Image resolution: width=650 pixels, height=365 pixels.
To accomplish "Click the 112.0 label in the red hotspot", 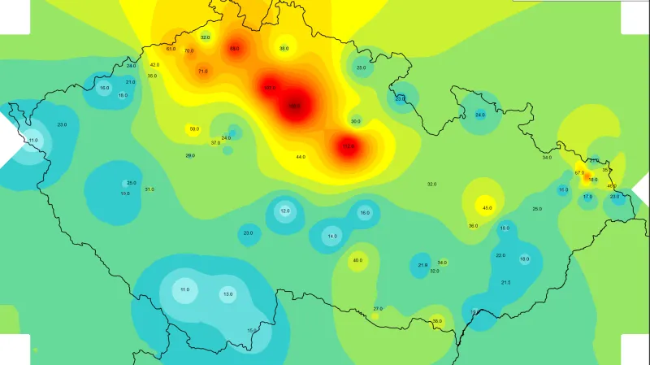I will [349, 146].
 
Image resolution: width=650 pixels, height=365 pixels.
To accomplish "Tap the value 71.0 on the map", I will [203, 72].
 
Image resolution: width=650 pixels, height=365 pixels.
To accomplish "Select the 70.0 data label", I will [188, 51].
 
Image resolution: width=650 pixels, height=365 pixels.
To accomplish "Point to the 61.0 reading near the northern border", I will [171, 49].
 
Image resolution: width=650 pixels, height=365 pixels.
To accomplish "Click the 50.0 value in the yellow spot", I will [194, 129].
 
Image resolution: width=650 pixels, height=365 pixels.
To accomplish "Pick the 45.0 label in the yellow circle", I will [487, 208].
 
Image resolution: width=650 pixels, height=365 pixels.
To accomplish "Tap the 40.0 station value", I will [357, 260].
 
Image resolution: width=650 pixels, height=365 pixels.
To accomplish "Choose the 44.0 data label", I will [301, 156].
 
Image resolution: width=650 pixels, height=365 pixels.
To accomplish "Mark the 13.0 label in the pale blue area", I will [227, 293].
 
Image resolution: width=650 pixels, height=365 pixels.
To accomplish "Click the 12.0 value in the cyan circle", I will [285, 211].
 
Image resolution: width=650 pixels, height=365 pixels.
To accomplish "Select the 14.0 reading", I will [332, 237].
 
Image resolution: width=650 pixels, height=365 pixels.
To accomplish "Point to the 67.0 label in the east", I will [579, 172].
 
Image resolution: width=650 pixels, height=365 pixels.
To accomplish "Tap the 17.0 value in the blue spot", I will [587, 196].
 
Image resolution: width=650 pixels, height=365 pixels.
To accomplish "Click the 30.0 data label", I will [356, 121].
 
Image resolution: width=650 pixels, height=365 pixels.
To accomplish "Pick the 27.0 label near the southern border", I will [378, 309].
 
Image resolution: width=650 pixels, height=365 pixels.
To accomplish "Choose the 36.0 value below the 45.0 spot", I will [473, 226].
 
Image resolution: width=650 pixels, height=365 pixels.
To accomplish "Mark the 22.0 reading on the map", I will [500, 255].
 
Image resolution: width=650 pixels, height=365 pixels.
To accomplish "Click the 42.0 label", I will [154, 65].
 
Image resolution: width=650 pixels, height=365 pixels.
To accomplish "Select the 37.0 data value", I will [215, 143].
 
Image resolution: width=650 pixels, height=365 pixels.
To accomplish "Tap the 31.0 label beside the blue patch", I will [149, 189].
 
